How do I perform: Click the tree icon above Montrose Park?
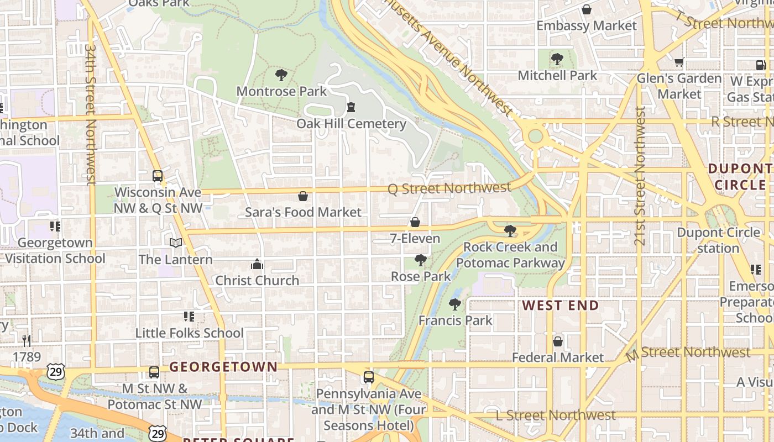pos(281,75)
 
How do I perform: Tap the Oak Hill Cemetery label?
pos(351,123)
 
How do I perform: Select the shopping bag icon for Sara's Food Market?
pos(303,196)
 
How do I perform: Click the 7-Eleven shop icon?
pos(415,222)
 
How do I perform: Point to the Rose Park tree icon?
pos(421,260)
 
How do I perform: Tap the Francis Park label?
pos(455,320)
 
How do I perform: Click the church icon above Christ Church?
pos(257,265)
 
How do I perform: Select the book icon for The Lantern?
pos(176,243)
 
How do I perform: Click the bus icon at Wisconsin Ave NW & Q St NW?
pos(158,176)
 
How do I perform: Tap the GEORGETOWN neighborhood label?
pos(223,367)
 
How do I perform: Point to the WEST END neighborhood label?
pos(561,306)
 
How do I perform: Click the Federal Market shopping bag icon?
pos(558,341)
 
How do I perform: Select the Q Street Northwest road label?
pos(449,188)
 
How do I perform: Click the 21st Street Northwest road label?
pos(640,176)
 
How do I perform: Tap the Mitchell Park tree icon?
pos(557,59)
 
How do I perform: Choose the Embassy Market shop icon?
pos(587,10)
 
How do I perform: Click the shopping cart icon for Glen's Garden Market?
pos(679,62)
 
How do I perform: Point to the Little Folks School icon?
pos(189,317)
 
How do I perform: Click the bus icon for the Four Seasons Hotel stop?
pos(369,377)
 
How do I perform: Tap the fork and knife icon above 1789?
pos(27,340)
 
